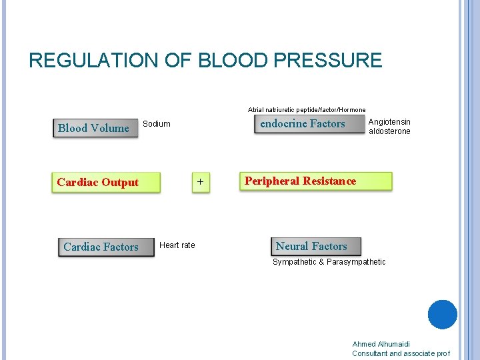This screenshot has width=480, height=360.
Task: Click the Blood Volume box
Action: point(94,128)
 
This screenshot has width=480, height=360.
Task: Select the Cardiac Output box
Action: point(106,183)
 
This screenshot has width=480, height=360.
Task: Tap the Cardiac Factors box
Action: point(105,247)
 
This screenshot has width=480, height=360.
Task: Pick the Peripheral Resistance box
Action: point(315,181)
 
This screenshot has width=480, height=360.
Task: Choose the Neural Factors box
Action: point(315,246)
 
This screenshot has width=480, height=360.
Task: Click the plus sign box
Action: point(201,183)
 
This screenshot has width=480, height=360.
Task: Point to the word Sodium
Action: point(157,124)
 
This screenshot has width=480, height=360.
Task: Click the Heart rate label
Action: point(177,245)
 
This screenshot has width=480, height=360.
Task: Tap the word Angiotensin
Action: point(389,122)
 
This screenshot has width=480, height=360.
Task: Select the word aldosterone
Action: point(389,131)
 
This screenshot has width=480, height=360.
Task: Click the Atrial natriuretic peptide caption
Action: point(307,109)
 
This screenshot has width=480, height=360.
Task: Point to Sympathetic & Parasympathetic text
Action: point(329,262)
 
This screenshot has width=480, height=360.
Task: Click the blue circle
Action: point(442,315)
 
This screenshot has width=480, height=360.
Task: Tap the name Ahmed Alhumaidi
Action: point(381,344)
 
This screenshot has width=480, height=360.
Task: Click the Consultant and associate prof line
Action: point(401,353)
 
